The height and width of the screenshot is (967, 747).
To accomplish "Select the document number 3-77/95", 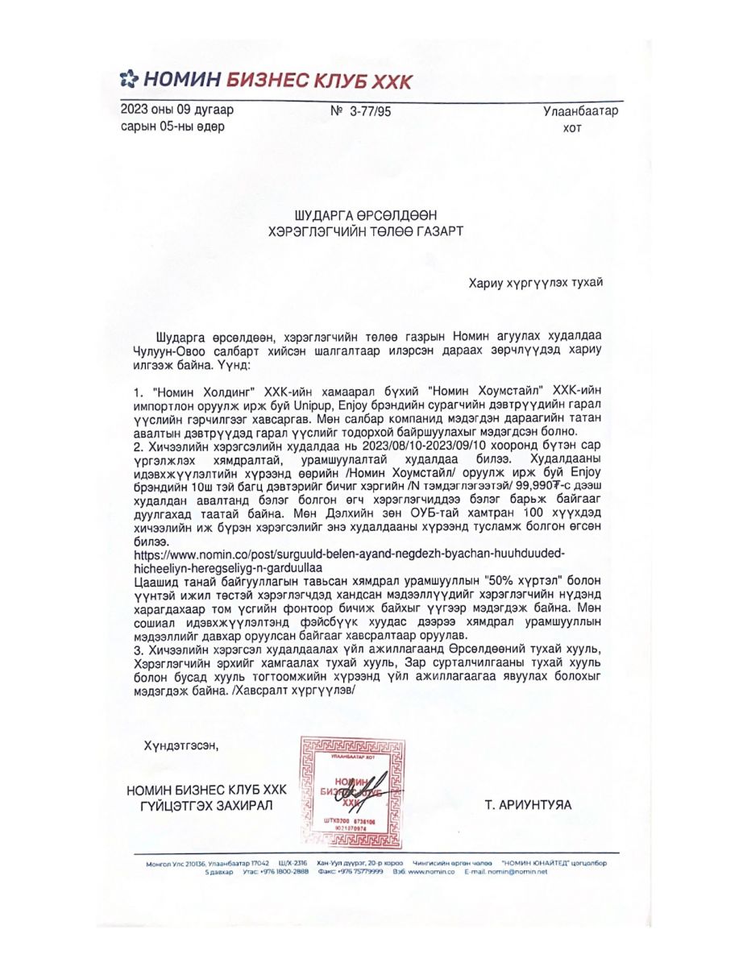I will pyautogui.click(x=371, y=113).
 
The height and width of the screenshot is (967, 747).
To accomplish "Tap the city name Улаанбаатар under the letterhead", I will pyautogui.click(x=579, y=111).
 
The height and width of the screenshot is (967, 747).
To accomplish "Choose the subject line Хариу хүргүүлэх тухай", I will pyautogui.click(x=535, y=283).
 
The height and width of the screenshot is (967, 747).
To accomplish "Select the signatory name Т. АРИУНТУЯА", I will pyautogui.click(x=528, y=804).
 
